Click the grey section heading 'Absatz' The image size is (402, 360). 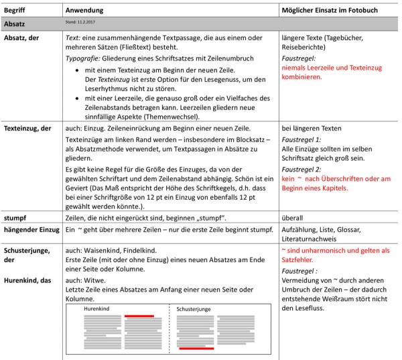pyautogui.click(x=15, y=23)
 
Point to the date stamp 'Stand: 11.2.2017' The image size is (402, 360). pyautogui.click(x=79, y=23)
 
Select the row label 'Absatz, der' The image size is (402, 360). pyautogui.click(x=21, y=38)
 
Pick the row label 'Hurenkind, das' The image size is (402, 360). pyautogui.click(x=27, y=279)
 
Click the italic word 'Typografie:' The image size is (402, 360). pyautogui.click(x=82, y=58)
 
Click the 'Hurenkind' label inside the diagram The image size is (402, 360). pyautogui.click(x=96, y=309)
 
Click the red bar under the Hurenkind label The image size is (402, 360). pyautogui.click(x=139, y=316)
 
